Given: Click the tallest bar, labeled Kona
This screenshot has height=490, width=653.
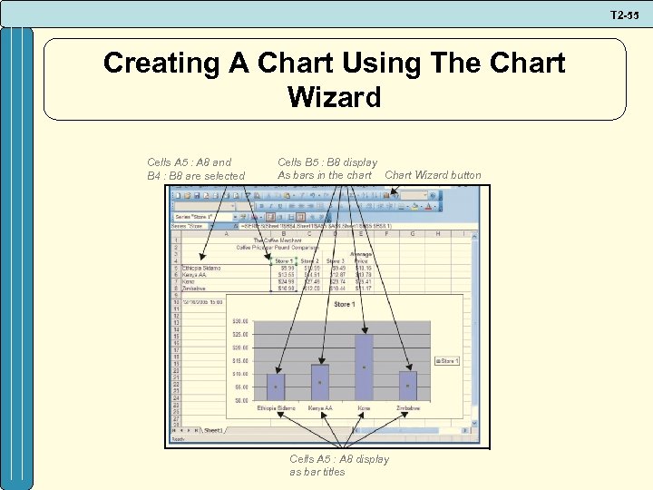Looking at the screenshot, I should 364,367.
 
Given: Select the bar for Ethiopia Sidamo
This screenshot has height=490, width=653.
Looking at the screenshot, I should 275,387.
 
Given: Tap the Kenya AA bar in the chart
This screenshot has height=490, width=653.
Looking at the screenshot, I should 319,382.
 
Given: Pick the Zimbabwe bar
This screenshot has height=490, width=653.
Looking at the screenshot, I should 408,386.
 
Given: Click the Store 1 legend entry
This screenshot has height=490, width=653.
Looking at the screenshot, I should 447,360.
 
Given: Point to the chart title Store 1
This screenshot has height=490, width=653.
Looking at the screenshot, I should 345,305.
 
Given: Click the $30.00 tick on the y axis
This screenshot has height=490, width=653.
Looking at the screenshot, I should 240,321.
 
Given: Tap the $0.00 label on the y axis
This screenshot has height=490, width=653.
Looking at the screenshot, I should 241,400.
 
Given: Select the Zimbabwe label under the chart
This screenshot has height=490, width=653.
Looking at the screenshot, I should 408,409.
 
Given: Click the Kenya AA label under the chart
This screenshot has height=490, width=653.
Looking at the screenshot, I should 319,409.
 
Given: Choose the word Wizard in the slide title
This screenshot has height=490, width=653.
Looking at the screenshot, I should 334,96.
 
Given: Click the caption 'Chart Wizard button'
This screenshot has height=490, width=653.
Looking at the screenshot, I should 433,175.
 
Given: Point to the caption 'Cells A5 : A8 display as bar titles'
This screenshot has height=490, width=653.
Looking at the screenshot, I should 338,465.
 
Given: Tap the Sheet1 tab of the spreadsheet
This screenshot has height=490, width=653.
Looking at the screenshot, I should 214,429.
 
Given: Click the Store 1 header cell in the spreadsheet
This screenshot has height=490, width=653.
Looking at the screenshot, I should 284,261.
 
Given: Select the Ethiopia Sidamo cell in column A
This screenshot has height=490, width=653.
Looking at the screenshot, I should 201,269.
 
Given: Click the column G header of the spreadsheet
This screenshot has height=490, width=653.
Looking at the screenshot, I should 413,233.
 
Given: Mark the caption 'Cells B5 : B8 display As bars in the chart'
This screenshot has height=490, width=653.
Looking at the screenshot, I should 326,169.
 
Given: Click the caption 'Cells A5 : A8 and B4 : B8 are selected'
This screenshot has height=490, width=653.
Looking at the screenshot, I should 196,169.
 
